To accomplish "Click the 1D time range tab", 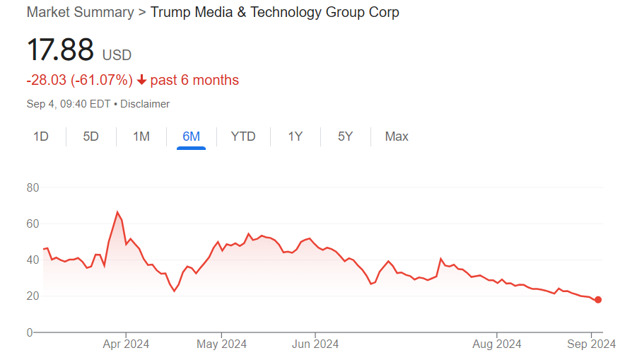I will [x=41, y=137].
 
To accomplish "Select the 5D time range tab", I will [x=91, y=137].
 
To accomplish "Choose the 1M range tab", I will [x=141, y=137].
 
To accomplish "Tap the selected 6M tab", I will [x=191, y=137].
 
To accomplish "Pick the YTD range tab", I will [x=243, y=137].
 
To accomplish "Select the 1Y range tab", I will [x=296, y=137].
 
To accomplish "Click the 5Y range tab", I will [x=345, y=137].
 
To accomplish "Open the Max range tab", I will [x=397, y=137].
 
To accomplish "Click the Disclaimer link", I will [x=145, y=103].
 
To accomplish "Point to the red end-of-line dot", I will [x=598, y=300].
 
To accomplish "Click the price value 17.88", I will [x=60, y=50].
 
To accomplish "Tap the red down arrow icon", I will [x=142, y=80].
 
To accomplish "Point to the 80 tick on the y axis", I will [x=33, y=187].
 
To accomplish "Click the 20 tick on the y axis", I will [x=33, y=296].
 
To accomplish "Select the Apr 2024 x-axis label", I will [x=126, y=344].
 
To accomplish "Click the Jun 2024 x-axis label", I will [x=315, y=344].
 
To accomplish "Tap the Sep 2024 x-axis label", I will [x=592, y=344].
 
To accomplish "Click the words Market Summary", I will [x=80, y=12].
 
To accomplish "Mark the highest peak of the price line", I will [x=117, y=212].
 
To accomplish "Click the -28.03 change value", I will [x=47, y=80].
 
